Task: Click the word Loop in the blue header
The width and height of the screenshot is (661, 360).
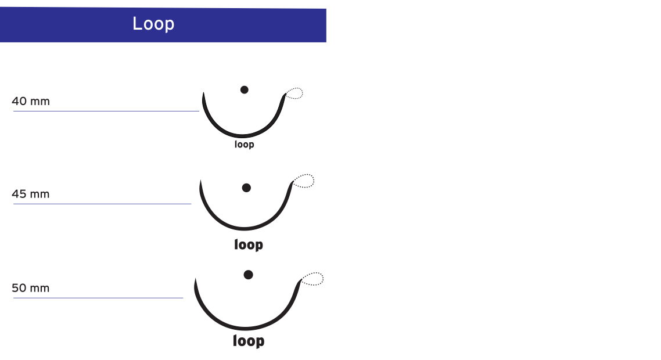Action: (x=153, y=24)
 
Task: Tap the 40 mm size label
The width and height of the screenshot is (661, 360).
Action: (x=31, y=101)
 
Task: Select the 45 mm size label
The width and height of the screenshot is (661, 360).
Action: (x=31, y=194)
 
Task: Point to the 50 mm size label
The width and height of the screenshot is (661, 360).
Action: (x=31, y=288)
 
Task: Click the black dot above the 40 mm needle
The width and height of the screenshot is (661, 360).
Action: (x=244, y=90)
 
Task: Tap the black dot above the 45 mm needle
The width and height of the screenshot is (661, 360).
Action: (x=247, y=188)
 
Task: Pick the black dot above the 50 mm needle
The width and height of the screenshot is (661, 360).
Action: (x=248, y=275)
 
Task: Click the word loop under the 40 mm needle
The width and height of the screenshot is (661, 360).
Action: (x=245, y=144)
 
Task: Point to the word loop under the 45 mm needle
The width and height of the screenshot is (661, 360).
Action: (x=249, y=244)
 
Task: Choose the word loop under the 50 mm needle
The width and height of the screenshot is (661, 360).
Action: (x=249, y=341)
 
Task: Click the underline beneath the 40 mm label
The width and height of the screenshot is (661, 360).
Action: (x=106, y=111)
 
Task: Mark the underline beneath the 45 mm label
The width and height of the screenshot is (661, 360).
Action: (x=102, y=204)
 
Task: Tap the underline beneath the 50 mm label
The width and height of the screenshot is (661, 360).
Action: (x=98, y=298)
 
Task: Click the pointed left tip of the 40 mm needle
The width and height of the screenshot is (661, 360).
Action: (x=204, y=92)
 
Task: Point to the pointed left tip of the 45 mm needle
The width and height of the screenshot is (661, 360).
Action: (x=200, y=180)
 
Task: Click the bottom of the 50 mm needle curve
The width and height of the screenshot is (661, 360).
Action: (x=245, y=329)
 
